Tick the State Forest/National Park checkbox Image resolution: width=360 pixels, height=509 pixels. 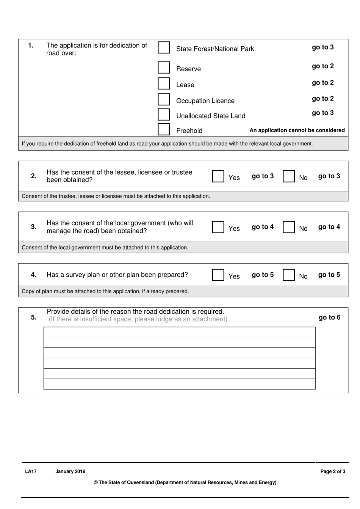tap(164, 47)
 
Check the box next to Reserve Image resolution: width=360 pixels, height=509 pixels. tap(164, 68)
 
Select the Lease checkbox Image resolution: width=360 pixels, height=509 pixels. tap(164, 83)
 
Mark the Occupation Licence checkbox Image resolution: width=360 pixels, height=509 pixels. tap(164, 99)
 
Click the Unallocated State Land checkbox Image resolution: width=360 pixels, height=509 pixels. tap(164, 114)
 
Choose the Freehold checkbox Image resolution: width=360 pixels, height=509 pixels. tap(164, 129)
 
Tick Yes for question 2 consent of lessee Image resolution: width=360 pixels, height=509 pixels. tap(218, 176)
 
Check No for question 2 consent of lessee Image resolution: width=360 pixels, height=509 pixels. tap(289, 176)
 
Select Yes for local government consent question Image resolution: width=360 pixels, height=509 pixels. tap(218, 227)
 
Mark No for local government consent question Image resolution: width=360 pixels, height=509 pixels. tap(289, 227)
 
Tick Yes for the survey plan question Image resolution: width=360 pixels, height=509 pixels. tap(218, 275)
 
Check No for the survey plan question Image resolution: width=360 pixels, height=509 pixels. tap(289, 275)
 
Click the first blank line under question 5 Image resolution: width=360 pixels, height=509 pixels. tap(179, 332)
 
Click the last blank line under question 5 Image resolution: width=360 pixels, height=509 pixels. tap(179, 384)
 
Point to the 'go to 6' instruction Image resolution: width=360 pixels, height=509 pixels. tap(329, 317)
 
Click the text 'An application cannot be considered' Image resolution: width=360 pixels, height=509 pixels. tap(297, 130)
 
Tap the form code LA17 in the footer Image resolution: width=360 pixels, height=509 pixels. tap(31, 471)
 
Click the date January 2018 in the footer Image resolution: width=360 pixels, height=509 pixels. tap(70, 471)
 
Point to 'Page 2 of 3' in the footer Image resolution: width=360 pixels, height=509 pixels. tap(333, 471)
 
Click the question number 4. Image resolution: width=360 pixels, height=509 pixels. tap(34, 275)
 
